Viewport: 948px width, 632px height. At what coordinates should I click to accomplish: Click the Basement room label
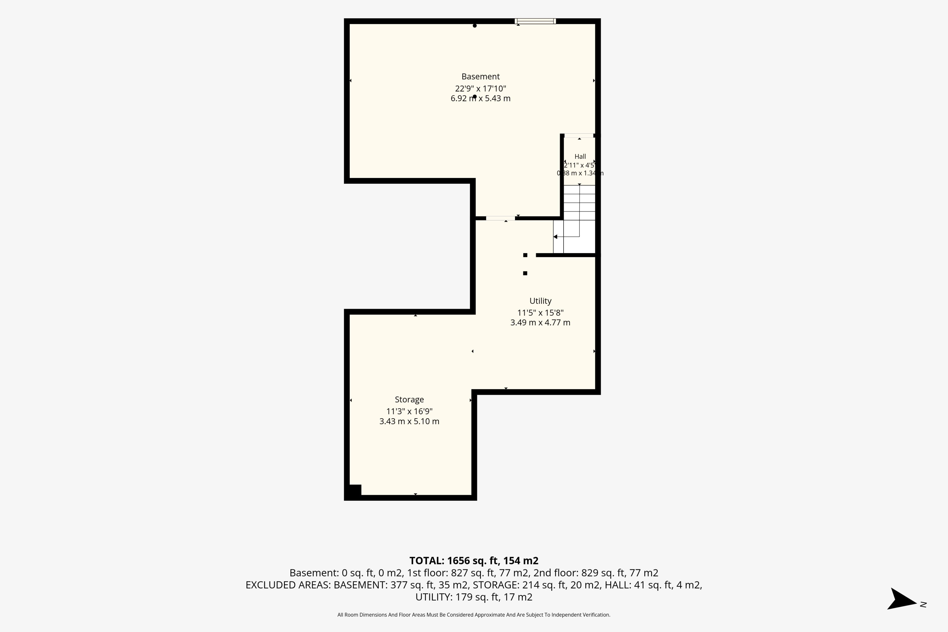(480, 77)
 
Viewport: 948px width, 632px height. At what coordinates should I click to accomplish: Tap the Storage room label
(409, 399)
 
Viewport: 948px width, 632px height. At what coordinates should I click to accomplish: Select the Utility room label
(540, 301)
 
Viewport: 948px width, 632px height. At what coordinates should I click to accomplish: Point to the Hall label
(580, 156)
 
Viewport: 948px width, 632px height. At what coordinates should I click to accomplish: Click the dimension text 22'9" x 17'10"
(480, 89)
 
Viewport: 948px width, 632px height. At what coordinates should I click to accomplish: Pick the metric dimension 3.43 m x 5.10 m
(409, 421)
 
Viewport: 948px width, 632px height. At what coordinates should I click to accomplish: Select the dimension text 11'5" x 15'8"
(540, 313)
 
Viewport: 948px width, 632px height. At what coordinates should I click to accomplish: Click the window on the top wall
(535, 21)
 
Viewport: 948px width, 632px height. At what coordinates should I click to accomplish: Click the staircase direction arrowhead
(555, 237)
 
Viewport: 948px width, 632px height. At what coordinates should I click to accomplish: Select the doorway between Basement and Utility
(500, 218)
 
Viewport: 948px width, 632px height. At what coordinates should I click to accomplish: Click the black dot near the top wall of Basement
(475, 26)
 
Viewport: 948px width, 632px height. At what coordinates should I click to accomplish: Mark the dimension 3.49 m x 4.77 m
(540, 322)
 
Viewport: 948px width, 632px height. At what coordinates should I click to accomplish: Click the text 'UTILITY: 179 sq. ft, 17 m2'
(474, 597)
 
